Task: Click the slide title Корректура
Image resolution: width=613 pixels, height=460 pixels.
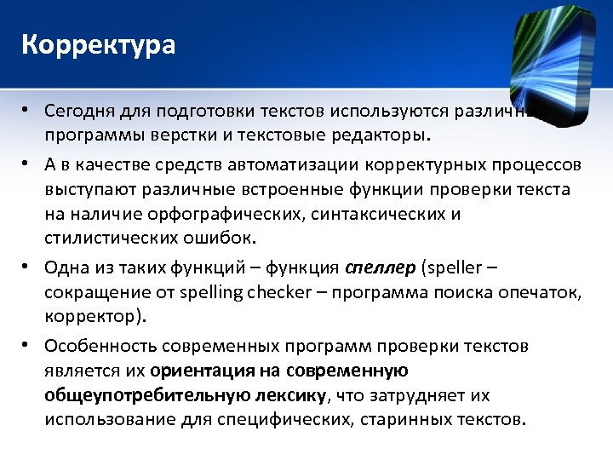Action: coord(99,44)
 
